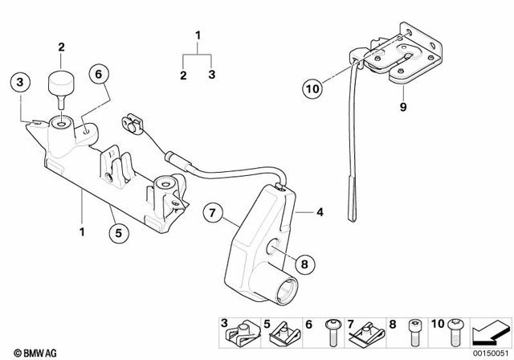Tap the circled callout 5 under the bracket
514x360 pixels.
tap(118, 235)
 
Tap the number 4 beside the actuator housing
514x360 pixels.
tap(319, 213)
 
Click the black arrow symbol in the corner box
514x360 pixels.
tap(491, 329)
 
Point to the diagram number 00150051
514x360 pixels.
tap(491, 351)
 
